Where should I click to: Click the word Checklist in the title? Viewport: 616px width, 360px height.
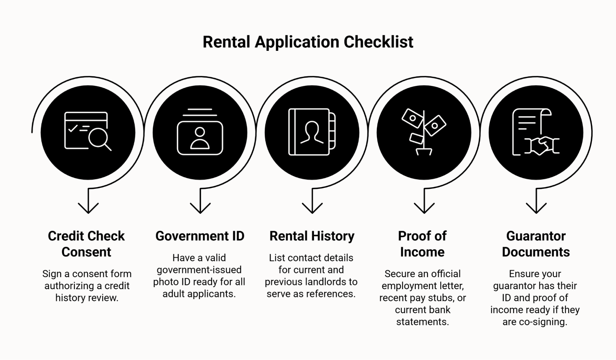(378, 42)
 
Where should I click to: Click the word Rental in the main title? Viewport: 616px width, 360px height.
(226, 42)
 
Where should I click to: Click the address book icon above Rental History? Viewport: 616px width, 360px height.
(312, 132)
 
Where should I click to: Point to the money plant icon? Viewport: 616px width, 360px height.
(424, 131)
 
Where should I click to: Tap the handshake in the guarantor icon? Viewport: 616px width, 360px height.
(542, 146)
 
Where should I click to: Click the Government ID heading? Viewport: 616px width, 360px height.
(200, 236)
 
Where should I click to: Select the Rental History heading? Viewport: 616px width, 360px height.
(312, 236)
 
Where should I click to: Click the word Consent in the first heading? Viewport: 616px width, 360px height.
(86, 252)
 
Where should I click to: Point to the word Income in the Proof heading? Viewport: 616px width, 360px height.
(422, 252)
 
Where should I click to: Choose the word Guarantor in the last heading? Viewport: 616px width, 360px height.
(536, 236)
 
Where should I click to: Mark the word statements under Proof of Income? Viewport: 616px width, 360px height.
(422, 322)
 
